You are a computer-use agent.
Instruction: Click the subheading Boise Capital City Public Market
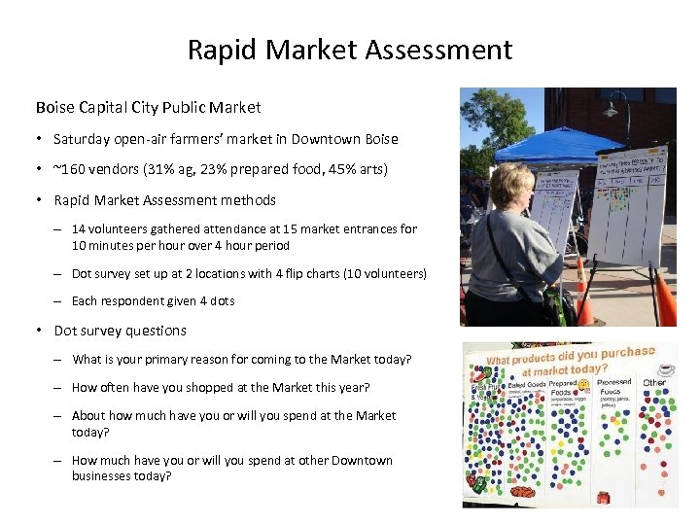148,107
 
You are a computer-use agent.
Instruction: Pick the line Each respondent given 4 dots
153,300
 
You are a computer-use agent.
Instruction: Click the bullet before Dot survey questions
40,331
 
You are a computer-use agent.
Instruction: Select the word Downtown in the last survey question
364,460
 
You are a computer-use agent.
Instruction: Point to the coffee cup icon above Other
665,368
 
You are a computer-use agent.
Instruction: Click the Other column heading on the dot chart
654,382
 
